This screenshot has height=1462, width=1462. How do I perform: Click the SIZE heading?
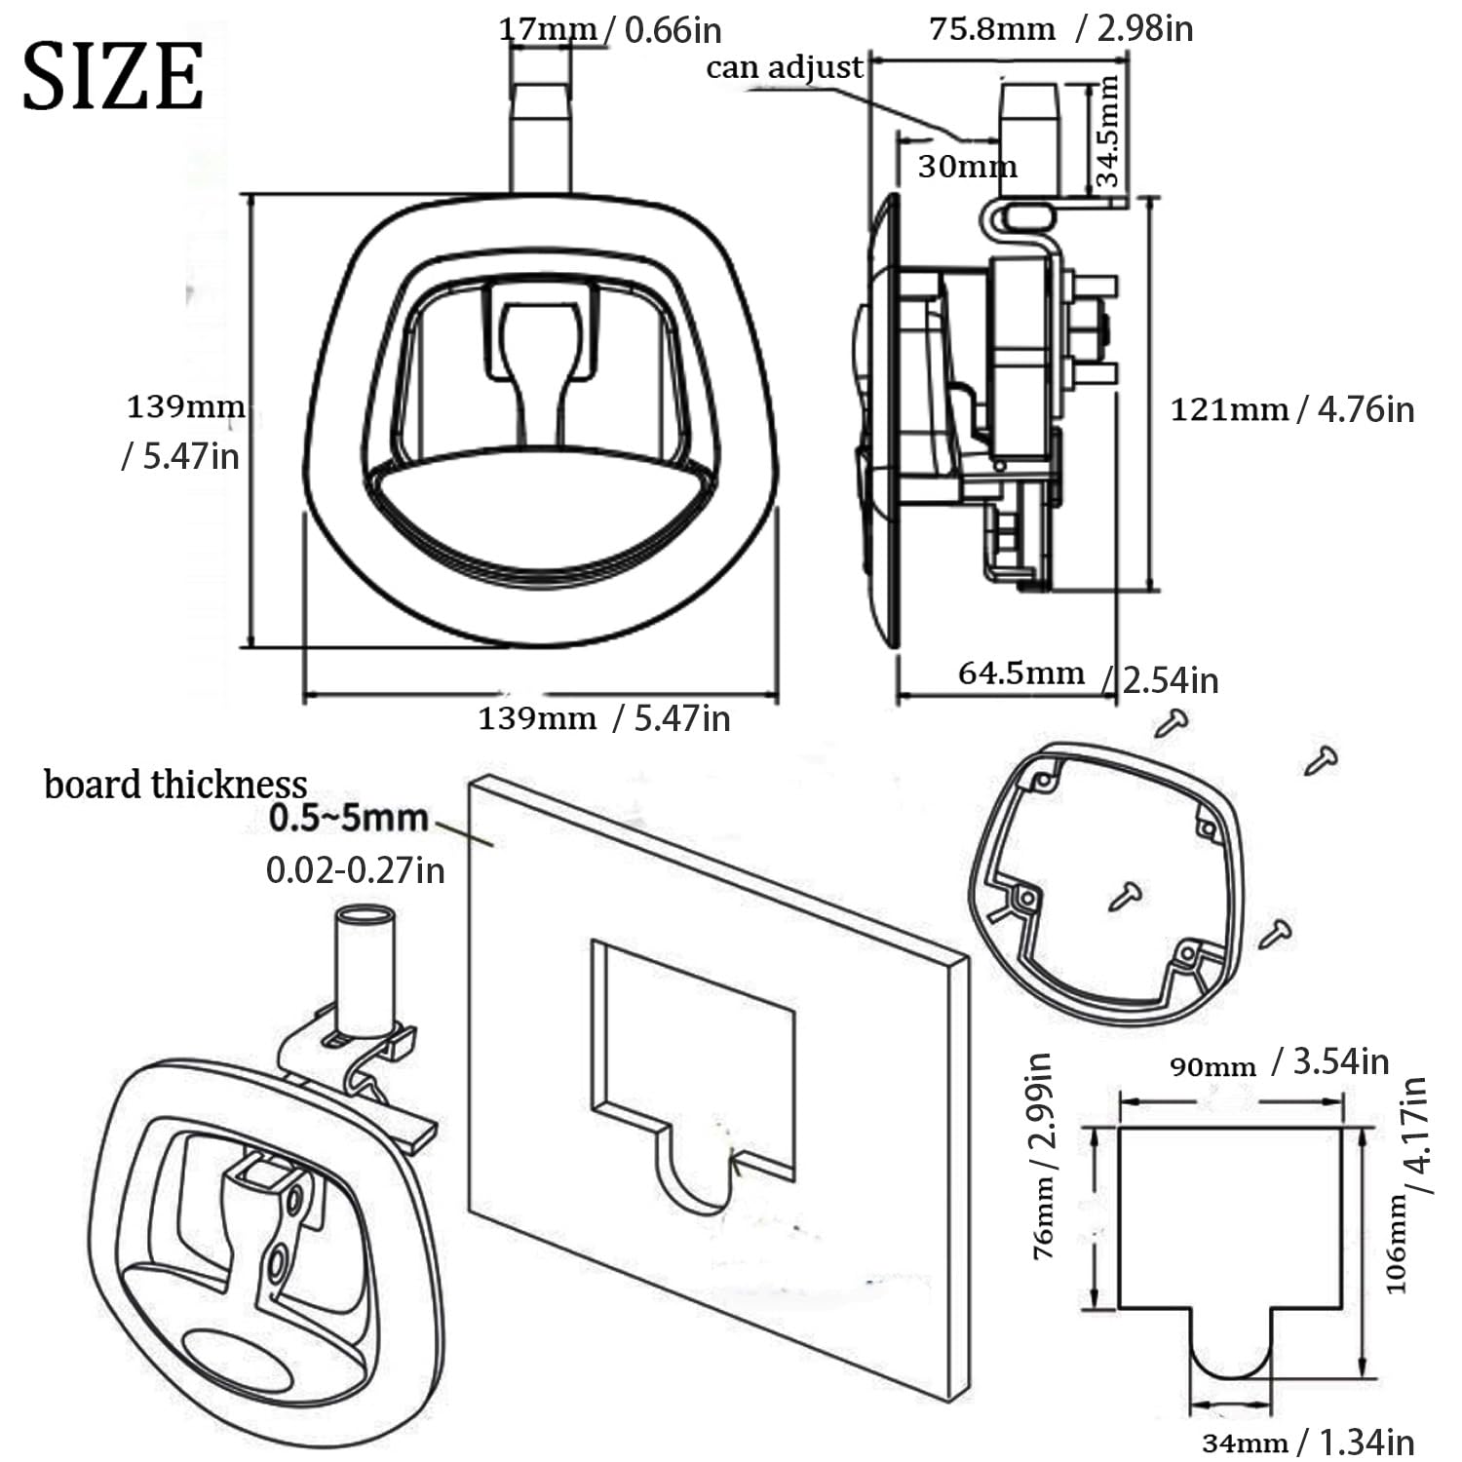click(x=113, y=77)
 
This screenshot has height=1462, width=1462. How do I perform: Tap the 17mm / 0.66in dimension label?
click(x=610, y=30)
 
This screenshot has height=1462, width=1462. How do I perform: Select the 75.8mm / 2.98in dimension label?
click(x=1060, y=28)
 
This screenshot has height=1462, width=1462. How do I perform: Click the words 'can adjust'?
click(x=785, y=67)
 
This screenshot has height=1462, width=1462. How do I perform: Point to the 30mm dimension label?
click(x=967, y=167)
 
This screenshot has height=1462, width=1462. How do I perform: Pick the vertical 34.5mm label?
click(x=1107, y=132)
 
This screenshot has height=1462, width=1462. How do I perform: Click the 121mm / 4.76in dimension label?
click(x=1292, y=408)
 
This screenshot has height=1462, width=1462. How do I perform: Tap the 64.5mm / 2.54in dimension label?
click(x=1088, y=676)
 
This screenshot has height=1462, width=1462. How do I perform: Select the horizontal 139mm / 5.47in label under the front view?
click(x=603, y=718)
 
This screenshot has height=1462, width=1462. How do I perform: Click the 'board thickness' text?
click(x=175, y=784)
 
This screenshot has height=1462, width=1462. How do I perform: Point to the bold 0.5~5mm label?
click(x=348, y=818)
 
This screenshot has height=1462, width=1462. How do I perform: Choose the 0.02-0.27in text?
click(x=356, y=869)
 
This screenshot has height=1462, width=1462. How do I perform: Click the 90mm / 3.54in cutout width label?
click(x=1279, y=1061)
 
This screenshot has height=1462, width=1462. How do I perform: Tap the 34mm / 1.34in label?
click(x=1308, y=1442)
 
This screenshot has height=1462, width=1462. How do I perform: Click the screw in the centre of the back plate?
click(x=1126, y=894)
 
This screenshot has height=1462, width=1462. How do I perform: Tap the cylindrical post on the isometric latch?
click(x=365, y=970)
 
